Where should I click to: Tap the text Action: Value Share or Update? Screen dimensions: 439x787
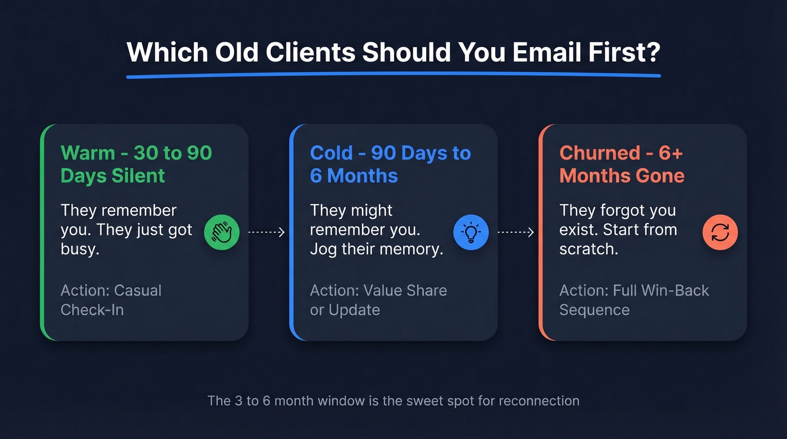point(378,300)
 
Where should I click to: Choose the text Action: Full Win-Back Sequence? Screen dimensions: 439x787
point(634,300)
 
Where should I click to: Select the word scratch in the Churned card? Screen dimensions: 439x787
point(588,249)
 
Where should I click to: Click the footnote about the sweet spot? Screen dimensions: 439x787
point(393,401)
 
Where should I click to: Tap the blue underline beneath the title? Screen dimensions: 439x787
point(393,75)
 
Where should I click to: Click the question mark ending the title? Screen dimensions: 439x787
point(652,53)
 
